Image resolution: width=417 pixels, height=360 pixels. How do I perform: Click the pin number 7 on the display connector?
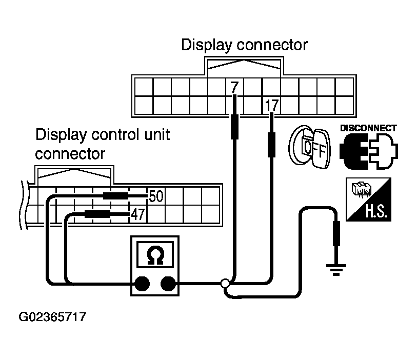point(234,87)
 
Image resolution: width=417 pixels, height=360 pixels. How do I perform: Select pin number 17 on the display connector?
point(271,106)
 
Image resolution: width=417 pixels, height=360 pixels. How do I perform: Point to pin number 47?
point(137,214)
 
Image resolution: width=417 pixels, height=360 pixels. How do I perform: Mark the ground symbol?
point(336,268)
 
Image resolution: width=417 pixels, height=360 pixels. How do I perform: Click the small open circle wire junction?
point(225,283)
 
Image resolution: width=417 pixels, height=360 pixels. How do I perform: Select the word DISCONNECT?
point(368,128)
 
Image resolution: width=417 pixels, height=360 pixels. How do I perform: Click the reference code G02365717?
point(52,317)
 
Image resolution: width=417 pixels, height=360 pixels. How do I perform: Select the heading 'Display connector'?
point(244,45)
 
